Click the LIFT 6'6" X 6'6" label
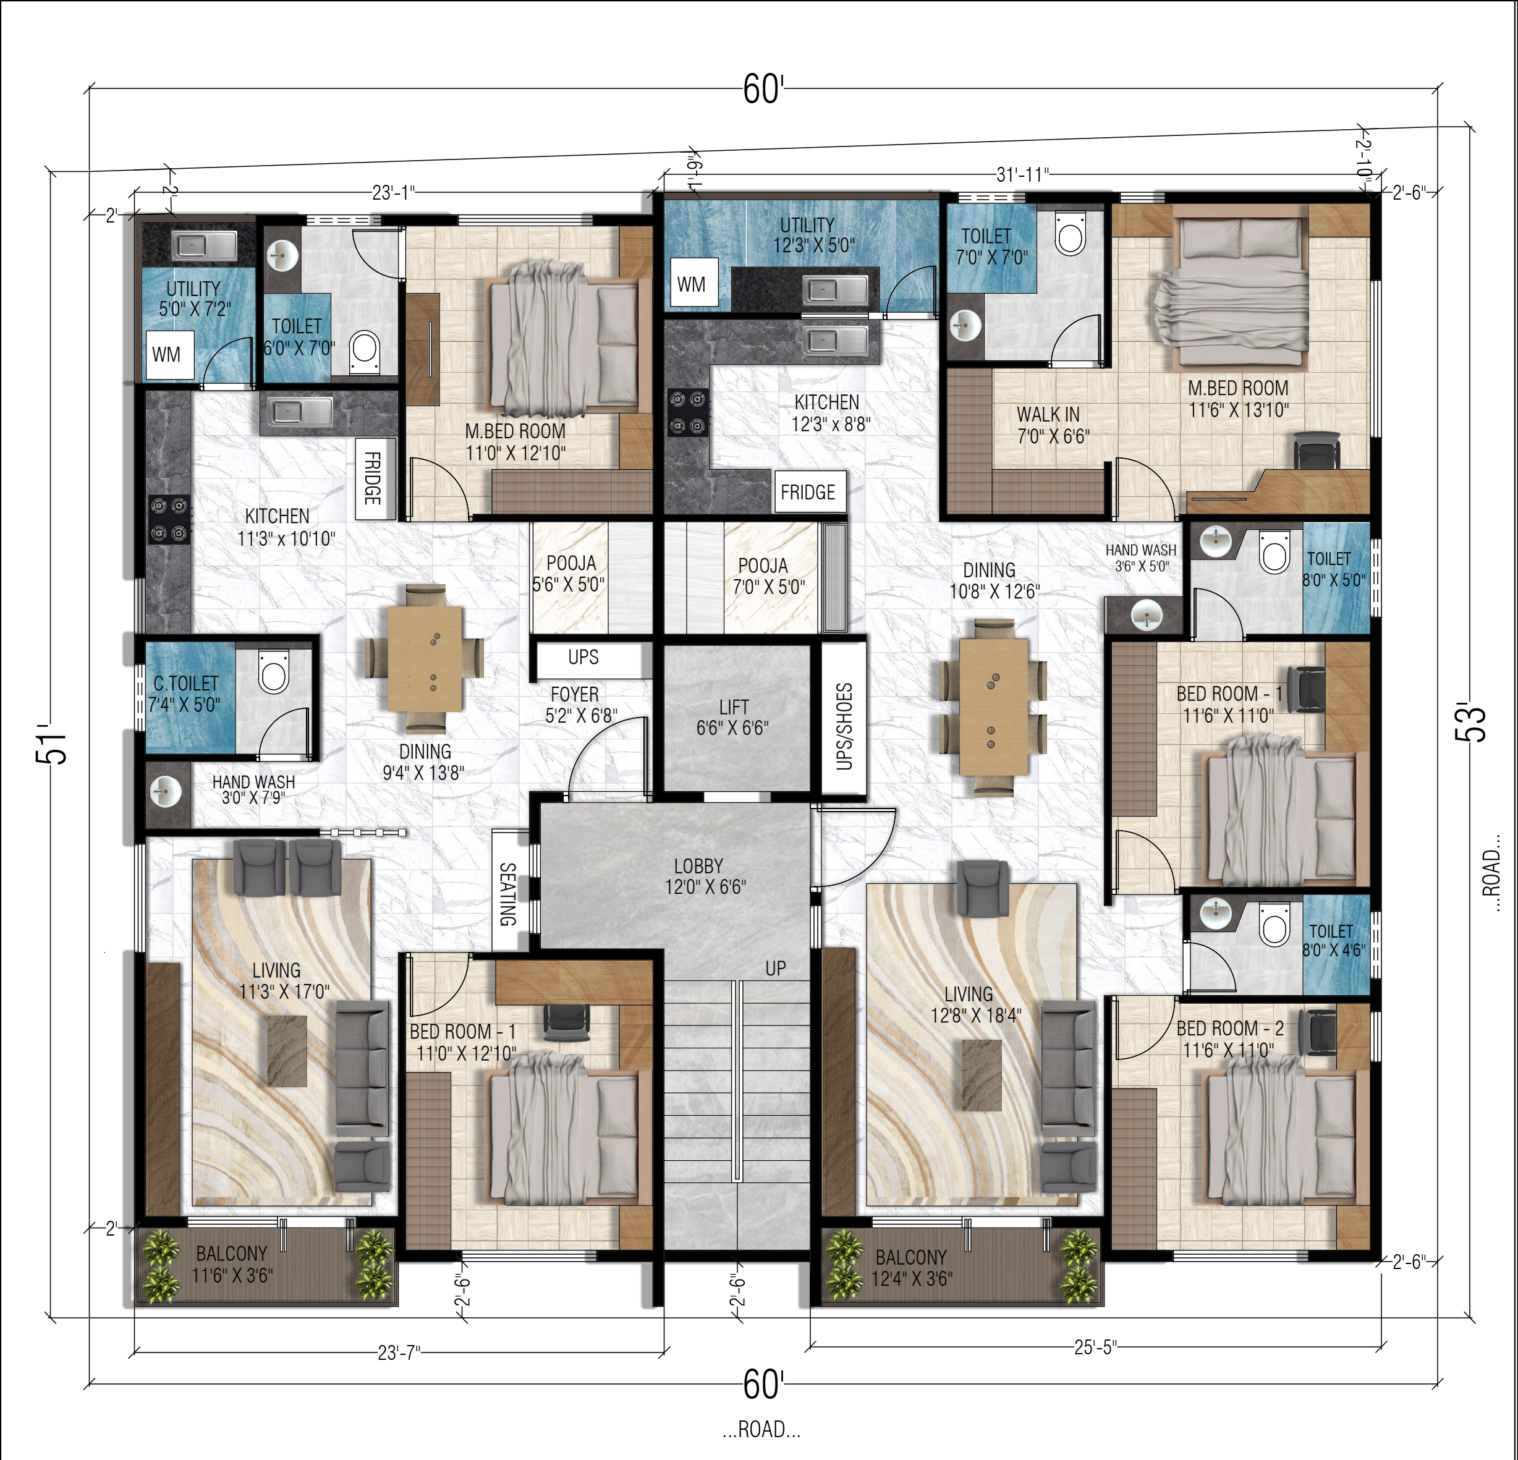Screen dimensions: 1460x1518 (x=732, y=717)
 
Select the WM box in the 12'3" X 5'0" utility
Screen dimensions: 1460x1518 (x=691, y=284)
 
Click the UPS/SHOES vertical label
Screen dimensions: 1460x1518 (x=844, y=726)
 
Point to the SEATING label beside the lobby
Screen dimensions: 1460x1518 (x=507, y=894)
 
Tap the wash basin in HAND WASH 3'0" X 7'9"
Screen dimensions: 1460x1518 (x=164, y=792)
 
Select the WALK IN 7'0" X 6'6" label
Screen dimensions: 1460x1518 (x=1052, y=425)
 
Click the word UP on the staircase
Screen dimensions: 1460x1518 (x=775, y=968)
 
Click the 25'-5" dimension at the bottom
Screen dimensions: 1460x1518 (x=1095, y=1347)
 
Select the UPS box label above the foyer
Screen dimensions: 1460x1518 (x=583, y=657)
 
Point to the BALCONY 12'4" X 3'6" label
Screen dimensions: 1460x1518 (x=912, y=1267)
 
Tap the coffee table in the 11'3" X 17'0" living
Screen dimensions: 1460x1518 (x=287, y=1050)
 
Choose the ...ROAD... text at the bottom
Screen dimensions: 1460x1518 (x=761, y=1429)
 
